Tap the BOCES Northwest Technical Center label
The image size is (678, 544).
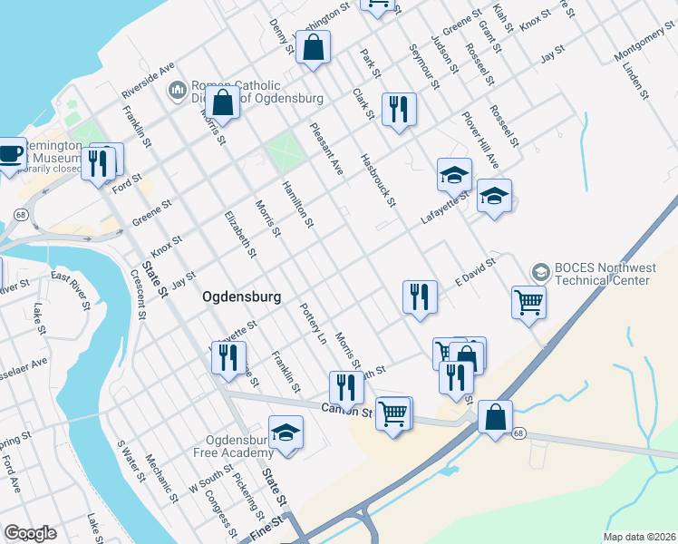605,274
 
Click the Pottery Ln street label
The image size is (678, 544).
313,324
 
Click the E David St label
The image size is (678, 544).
476,272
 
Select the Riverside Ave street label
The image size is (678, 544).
148,82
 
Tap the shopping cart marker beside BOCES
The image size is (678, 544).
528,302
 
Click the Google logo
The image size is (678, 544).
30,533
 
